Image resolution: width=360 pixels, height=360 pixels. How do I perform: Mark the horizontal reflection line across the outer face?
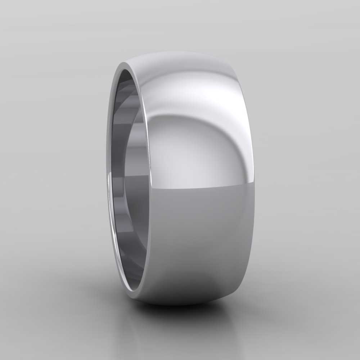point(202,188)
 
